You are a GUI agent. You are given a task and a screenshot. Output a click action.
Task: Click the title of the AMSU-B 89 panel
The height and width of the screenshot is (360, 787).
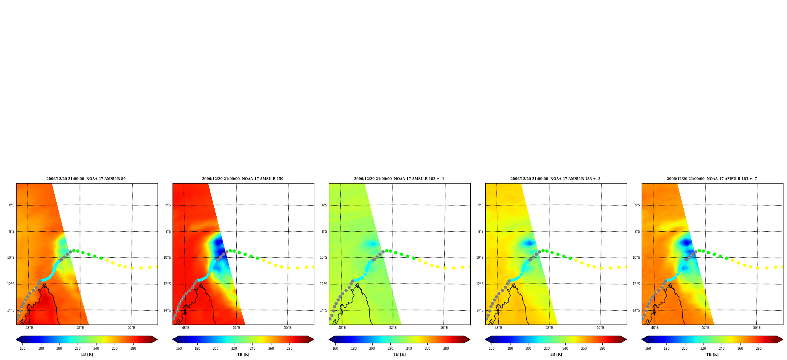click(86, 179)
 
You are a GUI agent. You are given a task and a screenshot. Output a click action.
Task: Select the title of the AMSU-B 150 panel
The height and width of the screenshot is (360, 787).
click(243, 179)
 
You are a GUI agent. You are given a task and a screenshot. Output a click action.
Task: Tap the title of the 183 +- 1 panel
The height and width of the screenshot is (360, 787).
click(399, 179)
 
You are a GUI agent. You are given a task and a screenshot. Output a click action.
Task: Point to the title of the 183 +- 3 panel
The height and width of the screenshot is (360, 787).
click(555, 179)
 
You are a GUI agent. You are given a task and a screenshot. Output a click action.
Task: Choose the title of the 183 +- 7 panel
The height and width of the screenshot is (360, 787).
click(712, 179)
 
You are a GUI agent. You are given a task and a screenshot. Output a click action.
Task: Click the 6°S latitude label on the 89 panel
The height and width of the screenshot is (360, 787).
click(11, 205)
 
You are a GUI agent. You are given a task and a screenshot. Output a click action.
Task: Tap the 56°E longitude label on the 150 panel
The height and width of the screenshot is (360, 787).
click(288, 328)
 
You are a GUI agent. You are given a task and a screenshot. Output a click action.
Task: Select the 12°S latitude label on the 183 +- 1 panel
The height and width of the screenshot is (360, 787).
click(323, 284)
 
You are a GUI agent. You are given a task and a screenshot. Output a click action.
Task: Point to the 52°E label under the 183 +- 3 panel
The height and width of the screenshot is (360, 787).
click(549, 328)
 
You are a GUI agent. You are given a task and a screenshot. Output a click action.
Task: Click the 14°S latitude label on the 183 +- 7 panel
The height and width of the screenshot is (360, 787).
click(636, 310)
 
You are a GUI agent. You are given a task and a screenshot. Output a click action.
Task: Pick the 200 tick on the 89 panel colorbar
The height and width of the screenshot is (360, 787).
click(59, 349)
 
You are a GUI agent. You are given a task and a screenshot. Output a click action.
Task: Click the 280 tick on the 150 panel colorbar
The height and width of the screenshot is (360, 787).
click(290, 349)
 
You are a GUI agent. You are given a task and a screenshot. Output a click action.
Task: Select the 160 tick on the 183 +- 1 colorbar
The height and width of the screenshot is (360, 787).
click(335, 349)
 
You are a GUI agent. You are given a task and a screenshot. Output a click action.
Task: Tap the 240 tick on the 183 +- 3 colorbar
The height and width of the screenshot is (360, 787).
click(565, 349)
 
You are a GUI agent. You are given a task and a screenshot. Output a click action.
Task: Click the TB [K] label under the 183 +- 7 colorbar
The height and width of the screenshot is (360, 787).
click(712, 354)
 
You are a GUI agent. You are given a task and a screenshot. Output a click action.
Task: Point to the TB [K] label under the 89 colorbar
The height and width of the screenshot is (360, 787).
click(87, 354)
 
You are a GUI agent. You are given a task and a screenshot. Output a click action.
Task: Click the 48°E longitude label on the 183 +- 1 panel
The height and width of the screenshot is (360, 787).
click(342, 328)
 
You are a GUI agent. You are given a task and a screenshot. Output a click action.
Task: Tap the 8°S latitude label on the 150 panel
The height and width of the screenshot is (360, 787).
click(168, 232)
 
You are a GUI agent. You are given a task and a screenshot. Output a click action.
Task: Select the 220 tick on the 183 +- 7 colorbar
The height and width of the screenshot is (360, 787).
click(703, 349)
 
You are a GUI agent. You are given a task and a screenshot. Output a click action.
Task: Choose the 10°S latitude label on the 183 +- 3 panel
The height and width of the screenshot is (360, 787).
click(480, 258)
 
